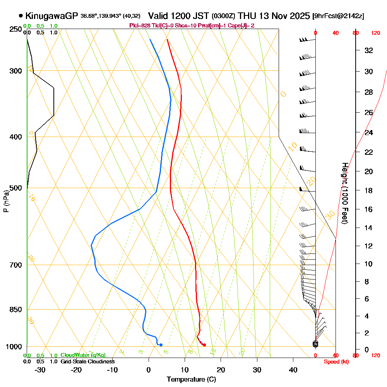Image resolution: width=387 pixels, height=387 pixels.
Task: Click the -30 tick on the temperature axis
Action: point(40,370)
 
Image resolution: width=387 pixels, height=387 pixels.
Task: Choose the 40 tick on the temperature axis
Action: point(293,370)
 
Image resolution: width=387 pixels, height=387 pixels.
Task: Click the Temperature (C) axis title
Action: point(191,379)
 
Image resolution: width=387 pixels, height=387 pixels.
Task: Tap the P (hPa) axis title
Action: point(6,201)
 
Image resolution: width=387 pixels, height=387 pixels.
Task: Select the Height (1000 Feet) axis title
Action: point(344,193)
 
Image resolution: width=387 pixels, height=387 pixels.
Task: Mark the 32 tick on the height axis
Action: point(369,50)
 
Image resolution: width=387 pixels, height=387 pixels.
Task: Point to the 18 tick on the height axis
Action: point(369,190)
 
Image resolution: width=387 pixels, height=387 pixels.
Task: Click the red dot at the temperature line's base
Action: point(204,345)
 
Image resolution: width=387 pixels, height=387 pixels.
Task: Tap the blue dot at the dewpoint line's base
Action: point(161,345)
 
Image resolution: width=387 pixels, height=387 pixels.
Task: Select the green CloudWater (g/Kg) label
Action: point(83,355)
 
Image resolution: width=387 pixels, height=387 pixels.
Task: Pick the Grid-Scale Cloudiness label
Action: point(87,361)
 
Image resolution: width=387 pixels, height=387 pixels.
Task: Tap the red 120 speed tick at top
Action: point(375,33)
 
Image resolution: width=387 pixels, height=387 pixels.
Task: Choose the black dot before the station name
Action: point(21,16)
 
